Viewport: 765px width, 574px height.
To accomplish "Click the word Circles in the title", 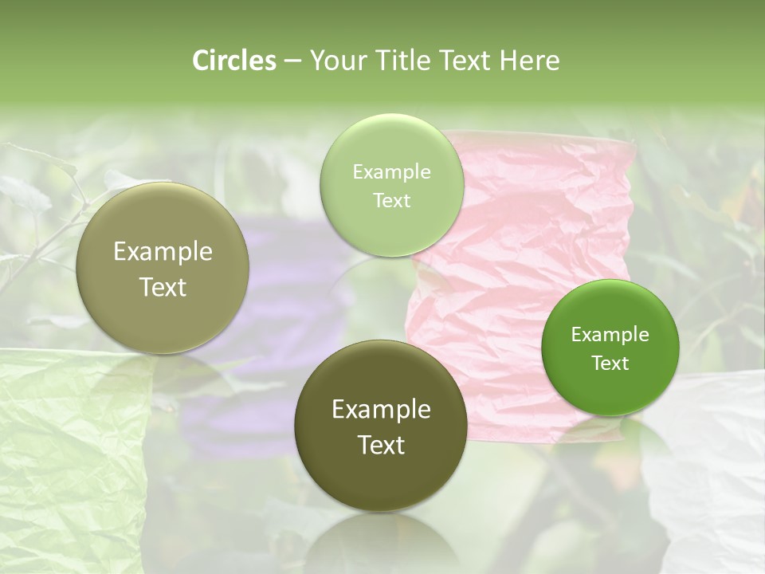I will (234, 61).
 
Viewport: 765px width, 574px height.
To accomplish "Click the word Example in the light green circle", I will (391, 172).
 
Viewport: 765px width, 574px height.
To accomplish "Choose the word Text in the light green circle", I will (391, 201).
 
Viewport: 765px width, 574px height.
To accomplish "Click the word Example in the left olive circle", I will (163, 252).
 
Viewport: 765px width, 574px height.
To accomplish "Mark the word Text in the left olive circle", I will (163, 287).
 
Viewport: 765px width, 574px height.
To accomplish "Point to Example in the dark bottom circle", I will (381, 410).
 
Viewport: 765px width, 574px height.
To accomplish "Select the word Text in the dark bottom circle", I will (381, 445).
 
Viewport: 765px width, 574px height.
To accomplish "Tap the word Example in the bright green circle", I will (610, 335).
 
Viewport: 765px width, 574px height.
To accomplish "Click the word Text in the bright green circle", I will (610, 364).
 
